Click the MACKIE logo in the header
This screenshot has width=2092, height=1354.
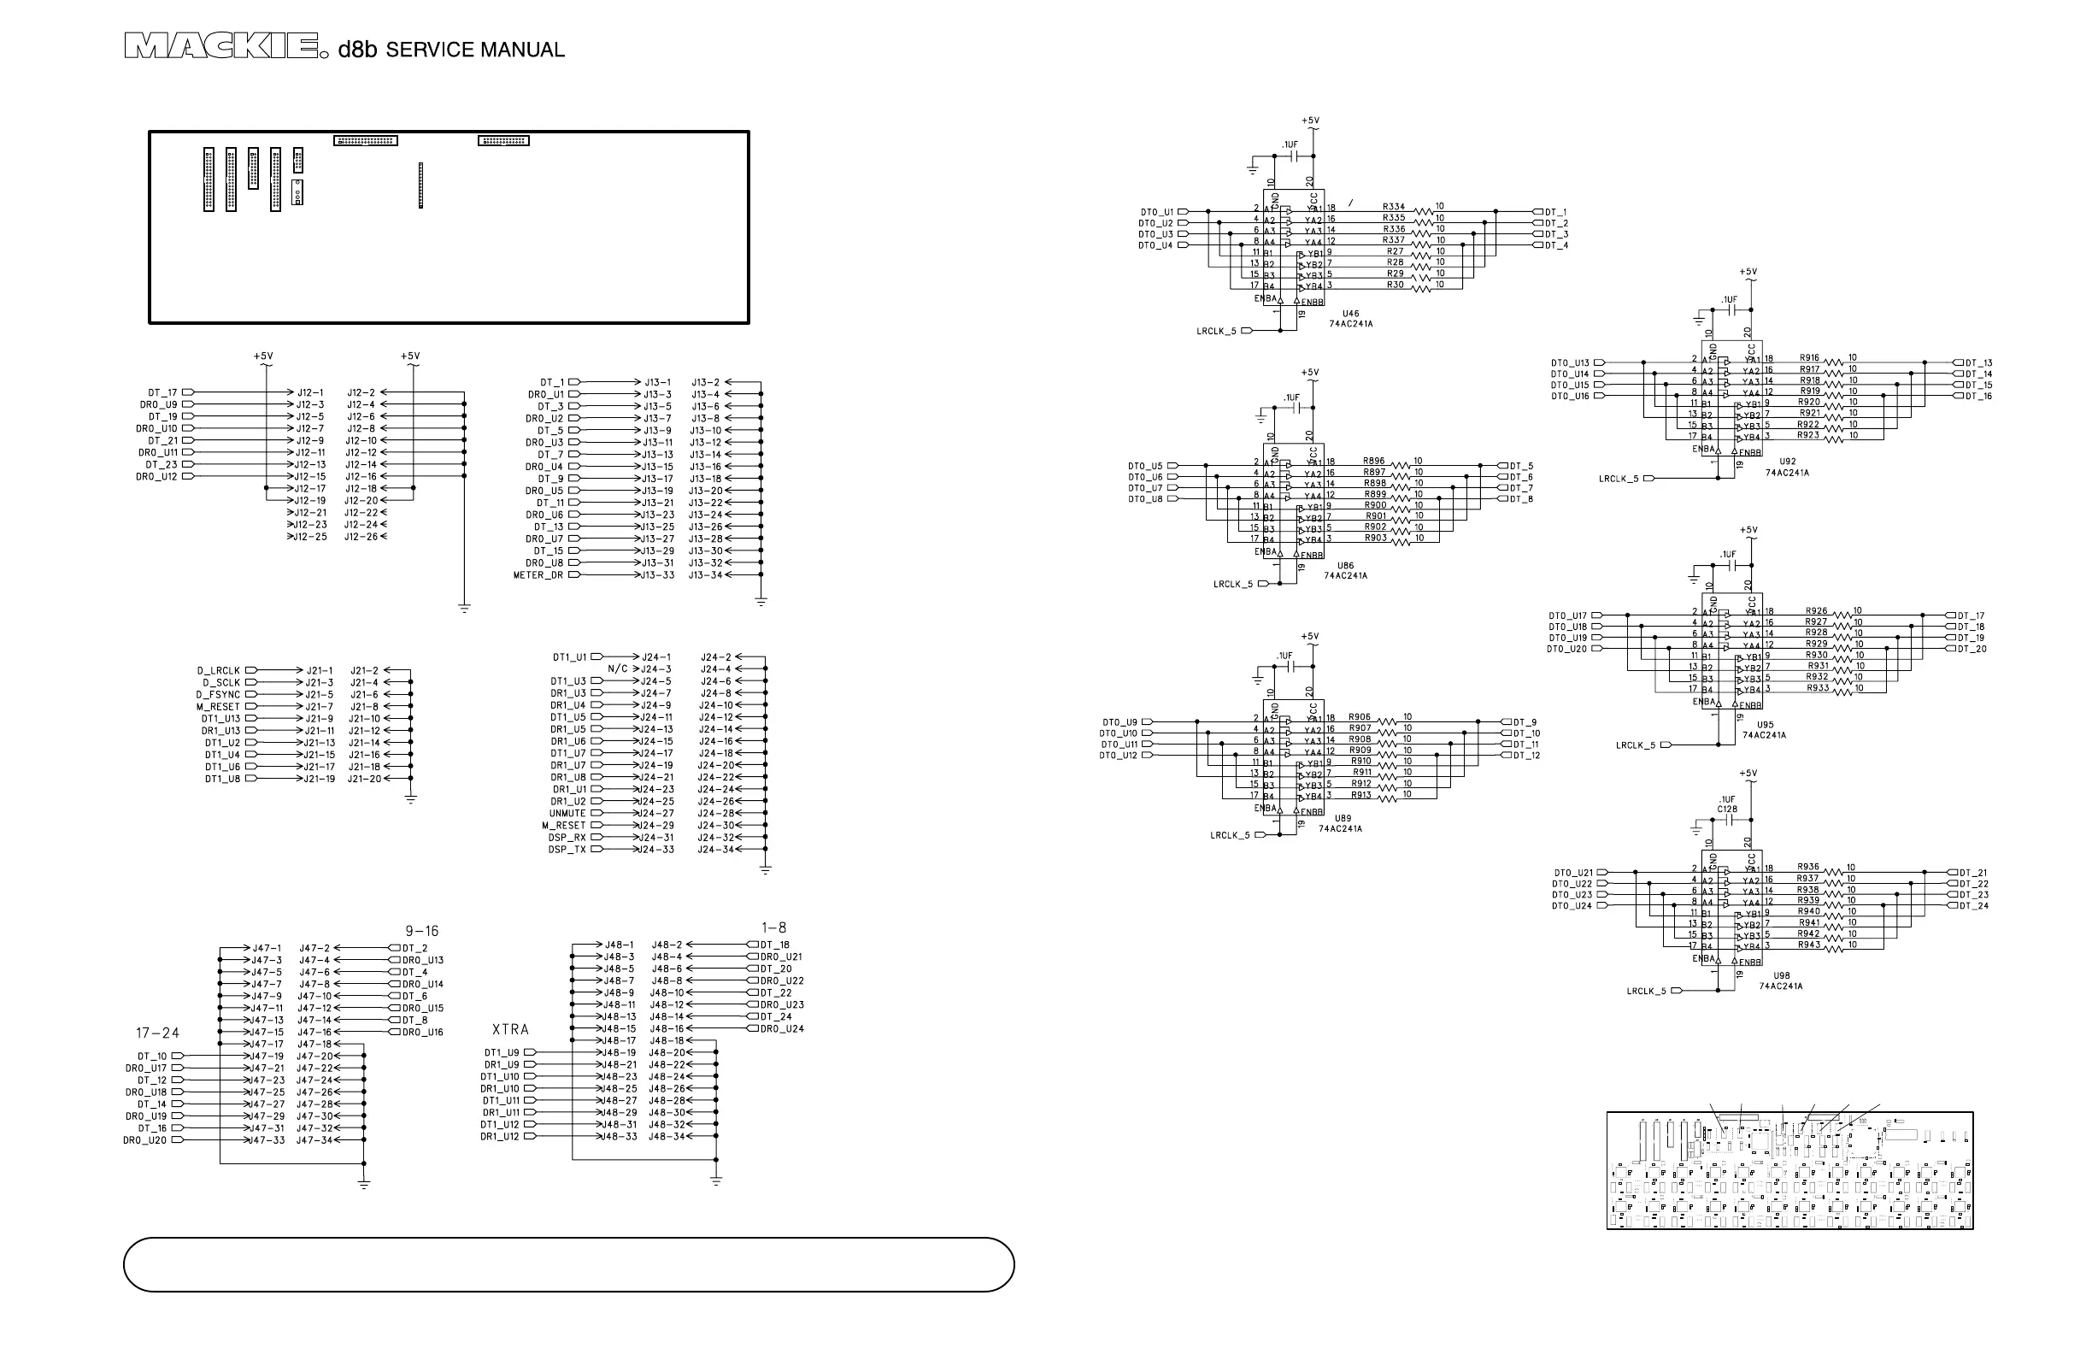pyautogui.click(x=220, y=47)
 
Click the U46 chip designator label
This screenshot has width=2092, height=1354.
pyautogui.click(x=1350, y=314)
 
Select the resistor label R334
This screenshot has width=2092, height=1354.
pyautogui.click(x=1393, y=208)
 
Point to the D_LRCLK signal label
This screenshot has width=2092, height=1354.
pyautogui.click(x=218, y=671)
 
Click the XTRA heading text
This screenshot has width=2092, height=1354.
pyautogui.click(x=510, y=1029)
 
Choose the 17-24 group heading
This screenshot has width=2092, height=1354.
pyautogui.click(x=157, y=1033)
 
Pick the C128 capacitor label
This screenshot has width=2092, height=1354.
pyautogui.click(x=1727, y=809)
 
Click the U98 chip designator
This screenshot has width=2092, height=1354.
pyautogui.click(x=1781, y=976)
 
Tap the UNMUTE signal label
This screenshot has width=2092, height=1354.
pyautogui.click(x=567, y=814)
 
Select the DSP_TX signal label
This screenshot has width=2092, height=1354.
pyautogui.click(x=567, y=851)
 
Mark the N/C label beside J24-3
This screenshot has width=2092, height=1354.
pyautogui.click(x=618, y=669)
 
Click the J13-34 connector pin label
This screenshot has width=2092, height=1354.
pyautogui.click(x=705, y=575)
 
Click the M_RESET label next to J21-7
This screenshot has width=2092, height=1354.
pyautogui.click(x=218, y=707)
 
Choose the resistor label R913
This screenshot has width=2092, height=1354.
pyautogui.click(x=1360, y=795)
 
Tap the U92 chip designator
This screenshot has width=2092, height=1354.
pyautogui.click(x=1787, y=462)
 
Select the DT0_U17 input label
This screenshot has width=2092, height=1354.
pyautogui.click(x=1567, y=616)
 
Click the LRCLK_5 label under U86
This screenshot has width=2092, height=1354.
pyautogui.click(x=1232, y=584)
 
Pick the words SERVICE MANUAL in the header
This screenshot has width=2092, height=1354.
pyautogui.click(x=474, y=50)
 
